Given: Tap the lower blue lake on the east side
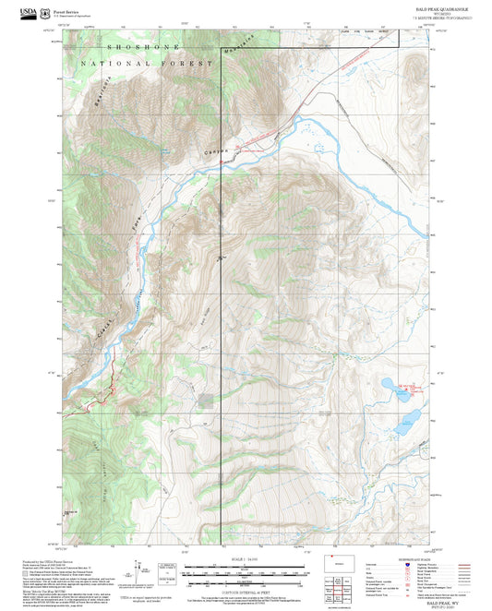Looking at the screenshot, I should coord(404,427).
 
